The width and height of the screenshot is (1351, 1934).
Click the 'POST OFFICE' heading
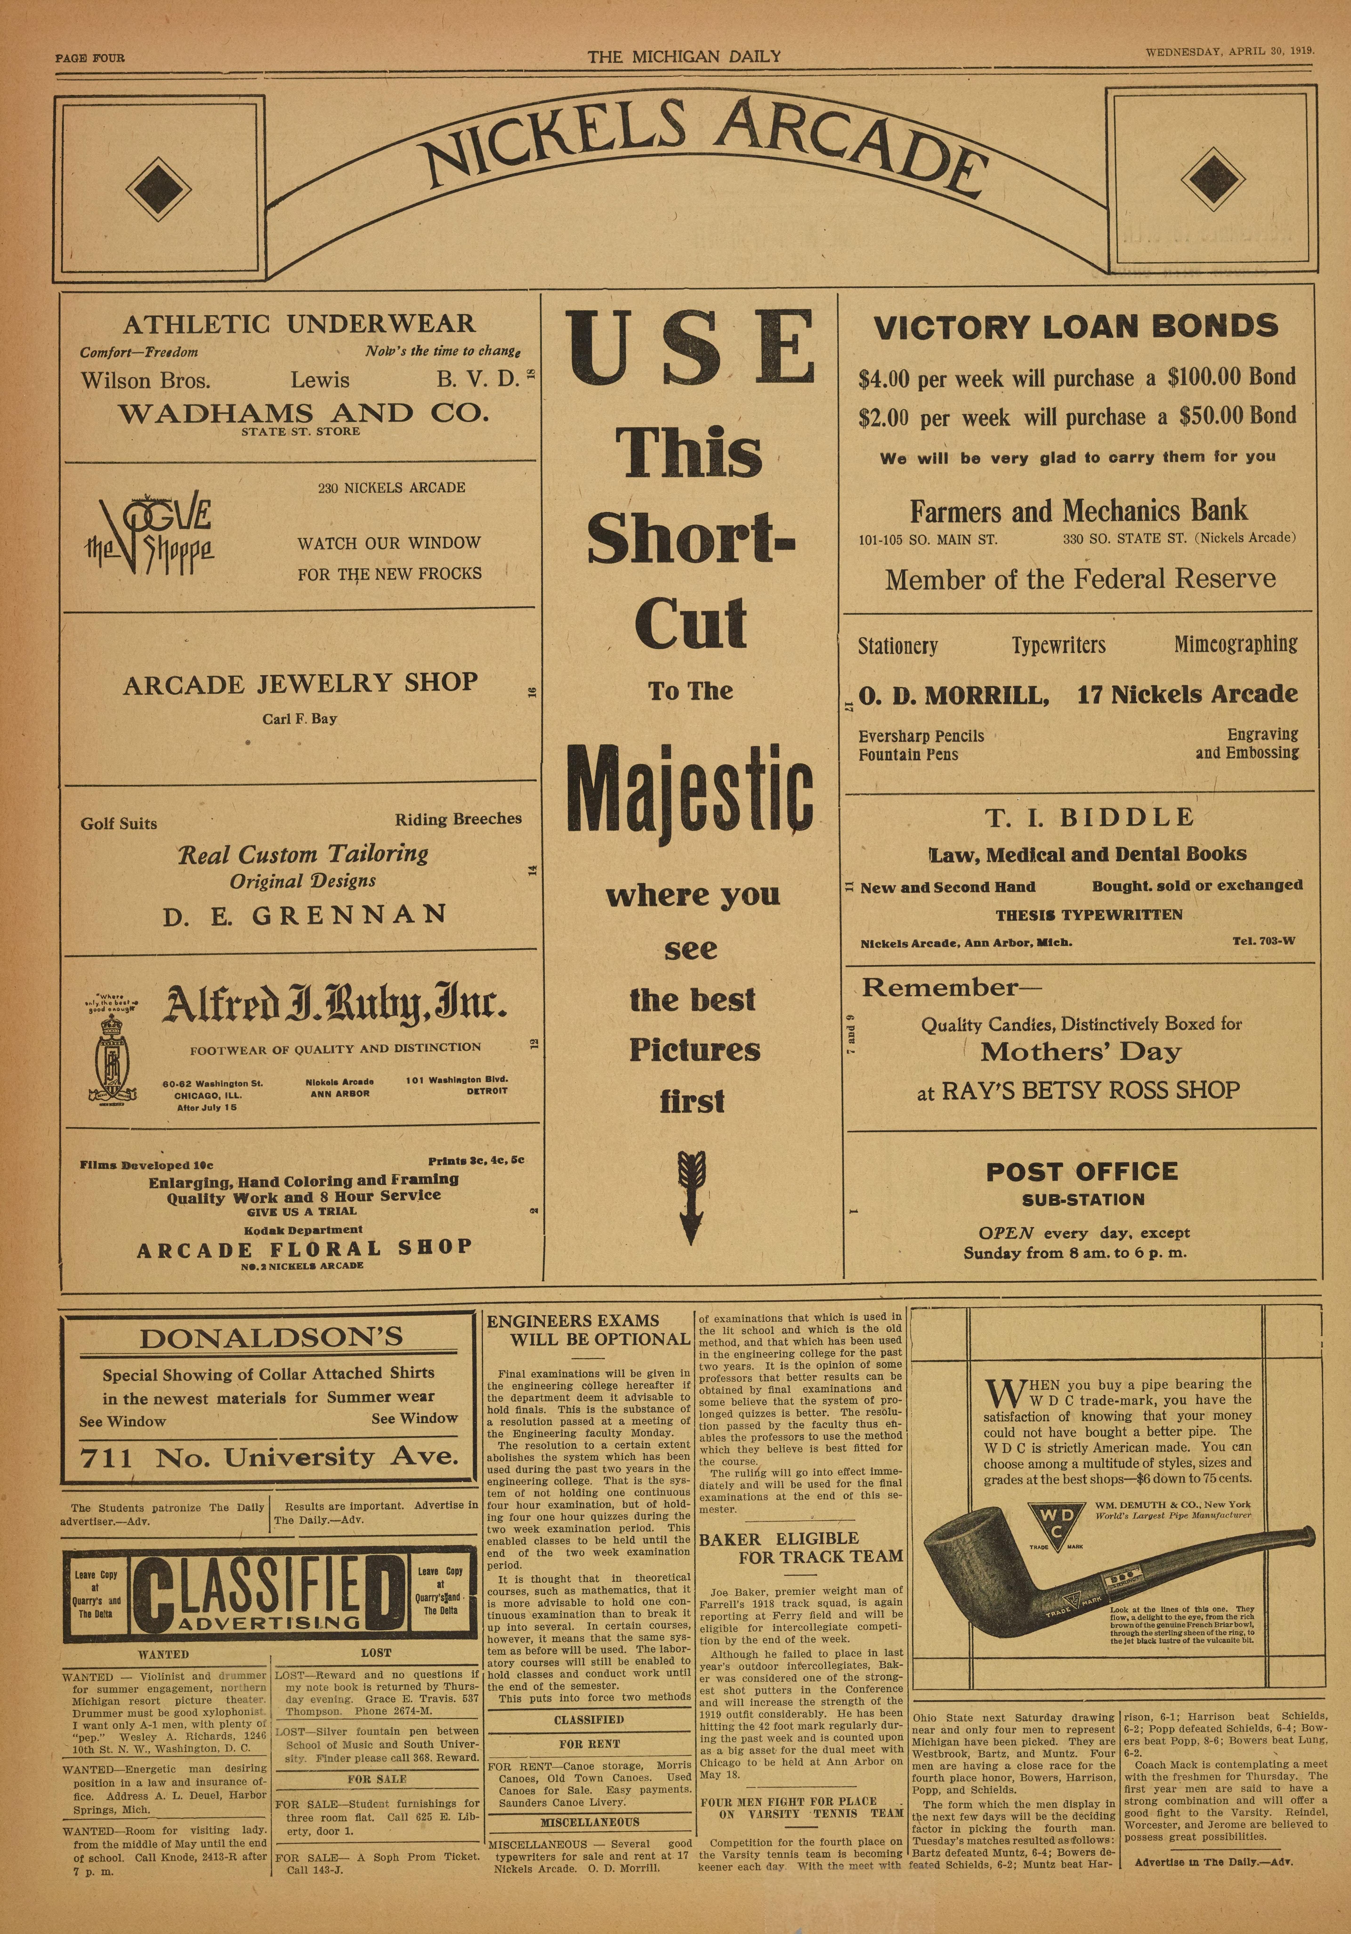click(x=1082, y=1172)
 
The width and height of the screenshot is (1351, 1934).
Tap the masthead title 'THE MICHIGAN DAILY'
click(x=684, y=57)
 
